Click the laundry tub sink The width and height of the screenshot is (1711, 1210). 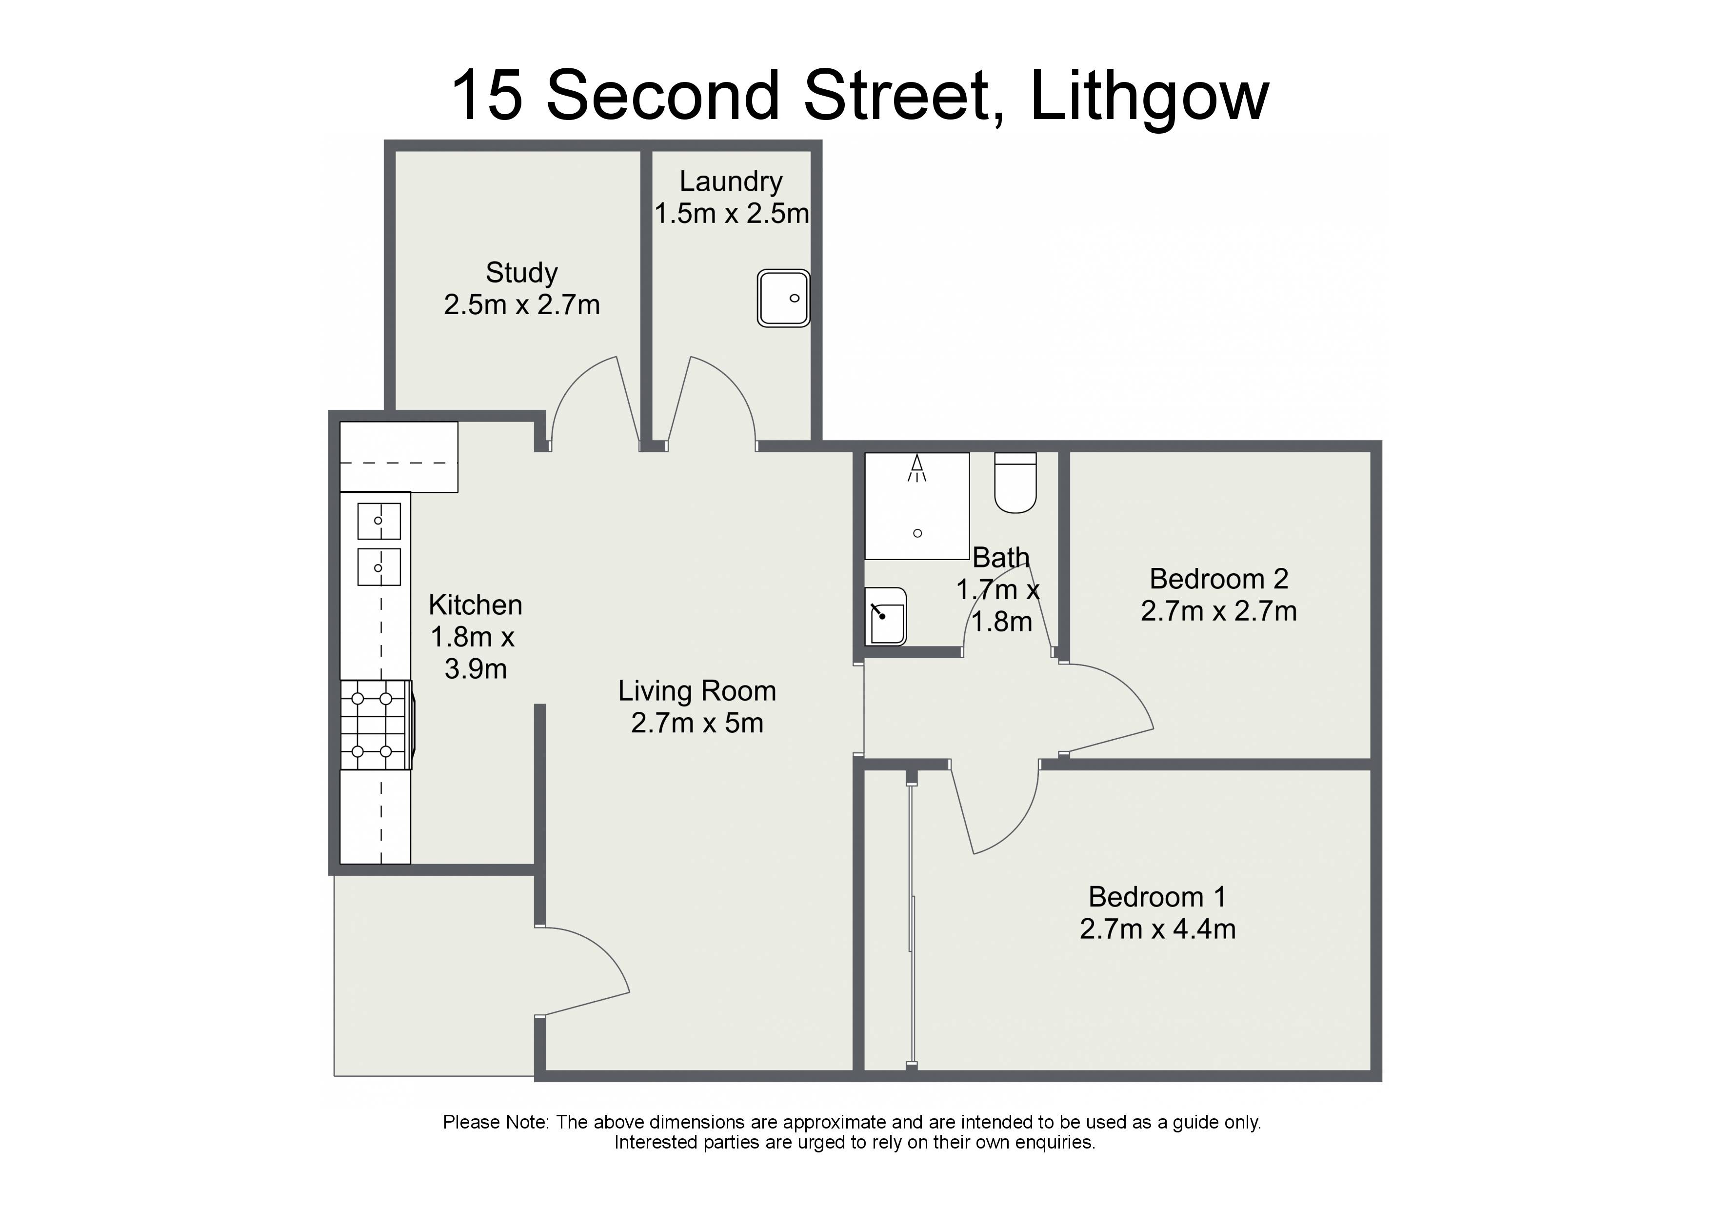783,298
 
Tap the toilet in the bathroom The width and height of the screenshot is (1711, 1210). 1015,483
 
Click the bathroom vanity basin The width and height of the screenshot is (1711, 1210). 885,616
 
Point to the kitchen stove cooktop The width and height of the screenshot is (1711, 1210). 377,724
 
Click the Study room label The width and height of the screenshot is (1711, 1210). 522,273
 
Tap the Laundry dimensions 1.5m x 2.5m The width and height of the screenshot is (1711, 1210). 732,214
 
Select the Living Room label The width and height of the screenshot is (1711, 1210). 697,691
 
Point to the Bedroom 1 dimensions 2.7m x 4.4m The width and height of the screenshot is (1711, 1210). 1157,929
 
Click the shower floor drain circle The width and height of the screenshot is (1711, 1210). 917,533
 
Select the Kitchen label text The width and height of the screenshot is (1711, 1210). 476,605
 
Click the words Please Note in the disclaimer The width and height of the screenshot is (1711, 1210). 495,1122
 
